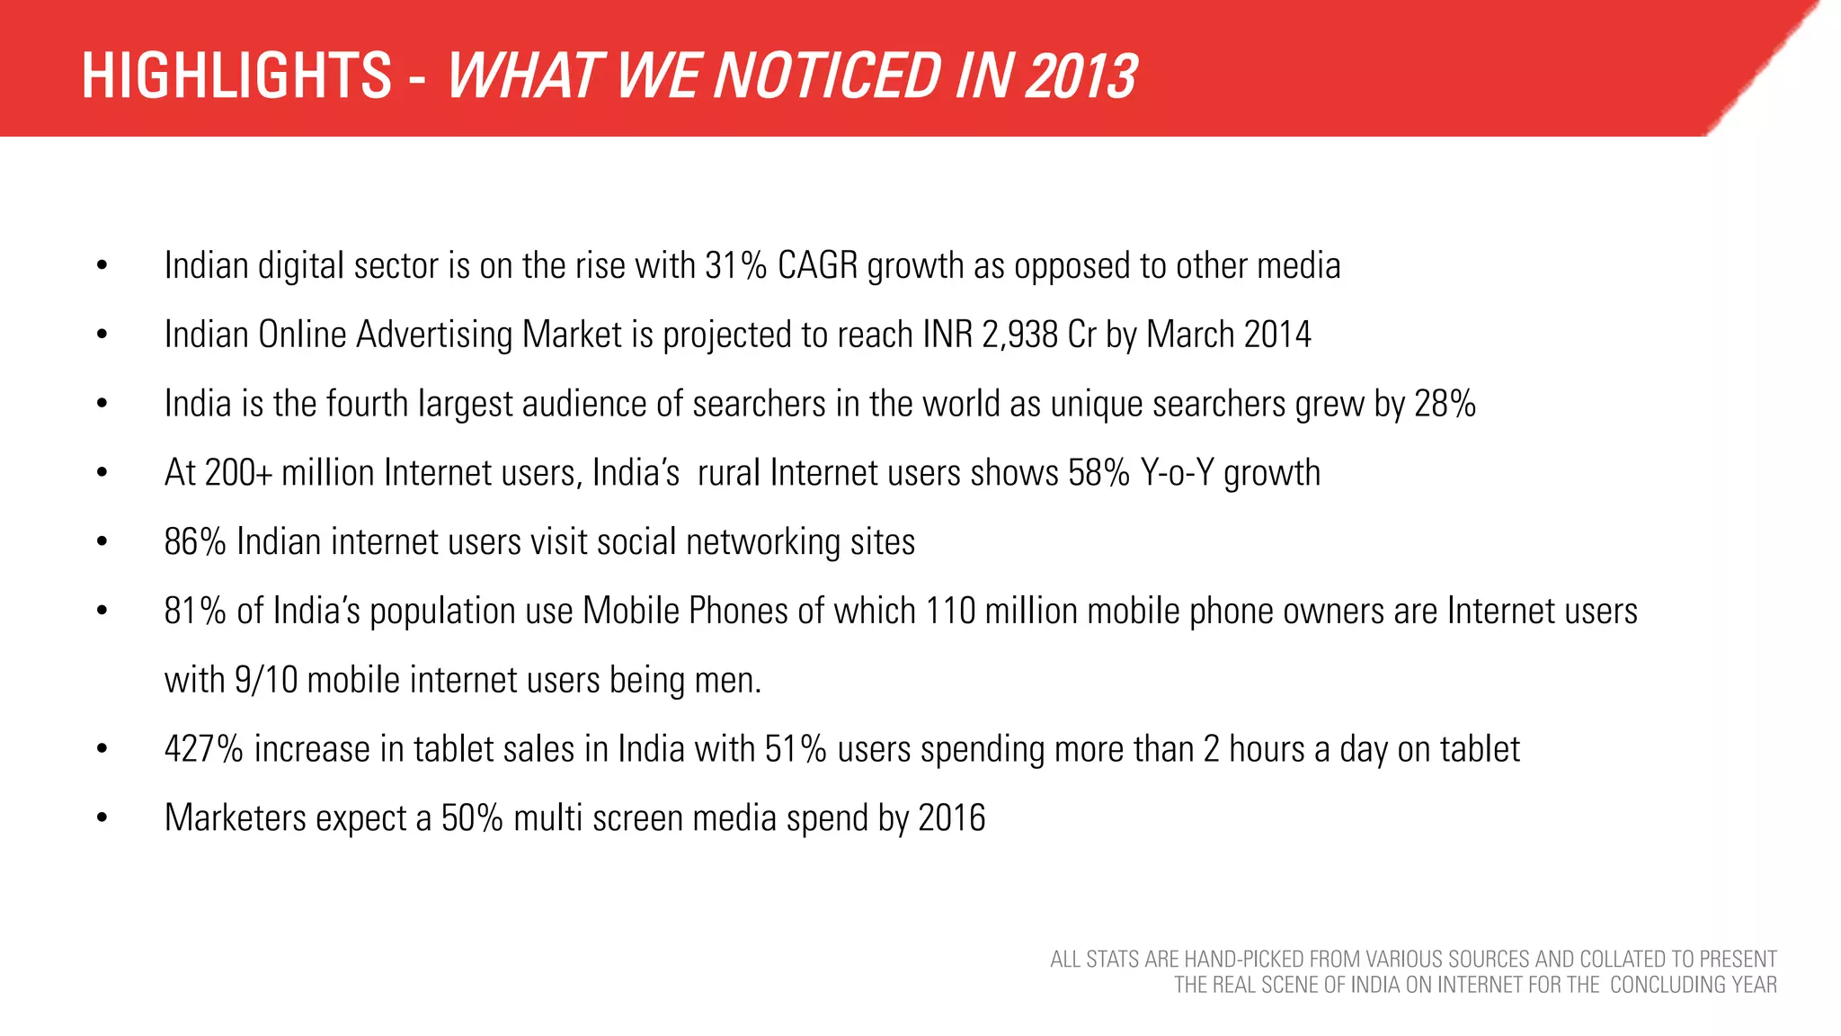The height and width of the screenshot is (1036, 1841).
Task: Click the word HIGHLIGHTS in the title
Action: pos(236,76)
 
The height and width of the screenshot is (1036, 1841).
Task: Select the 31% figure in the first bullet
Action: pos(735,266)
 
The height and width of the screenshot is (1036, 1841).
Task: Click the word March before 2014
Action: pos(1190,335)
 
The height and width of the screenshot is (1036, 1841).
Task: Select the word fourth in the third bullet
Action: pos(367,405)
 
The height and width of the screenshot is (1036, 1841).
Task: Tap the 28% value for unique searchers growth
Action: pos(1445,405)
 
